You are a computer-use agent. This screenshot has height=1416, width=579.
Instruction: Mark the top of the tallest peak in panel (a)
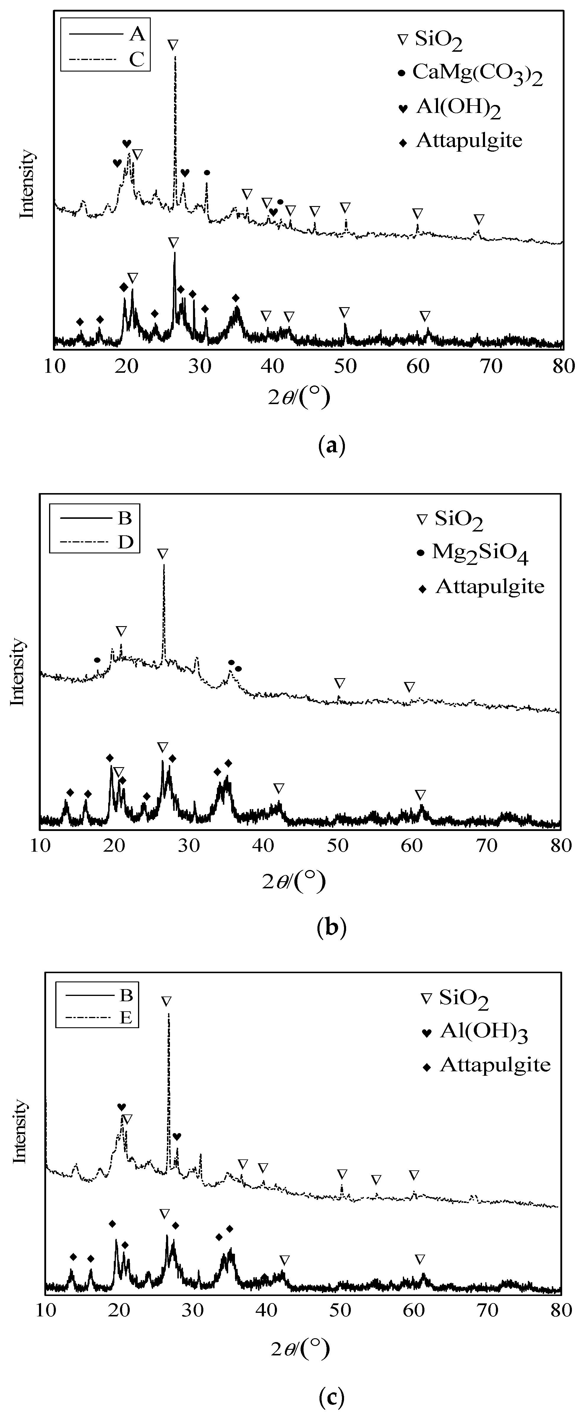(175, 56)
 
